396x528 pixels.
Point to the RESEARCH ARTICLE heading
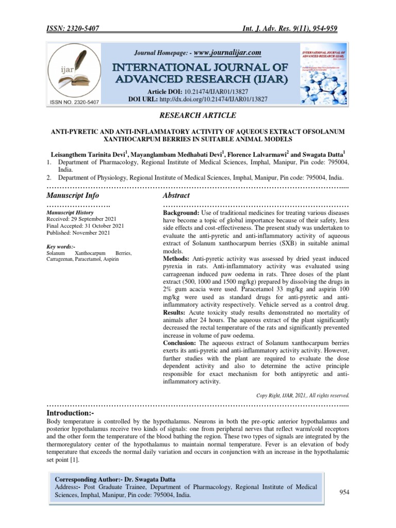pyautogui.click(x=197, y=115)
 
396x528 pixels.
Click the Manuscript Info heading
pyautogui.click(x=72, y=195)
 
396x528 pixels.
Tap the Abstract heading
pyautogui.click(x=176, y=195)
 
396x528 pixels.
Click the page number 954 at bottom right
pyautogui.click(x=344, y=492)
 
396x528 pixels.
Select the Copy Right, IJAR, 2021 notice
pyautogui.click(x=303, y=395)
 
